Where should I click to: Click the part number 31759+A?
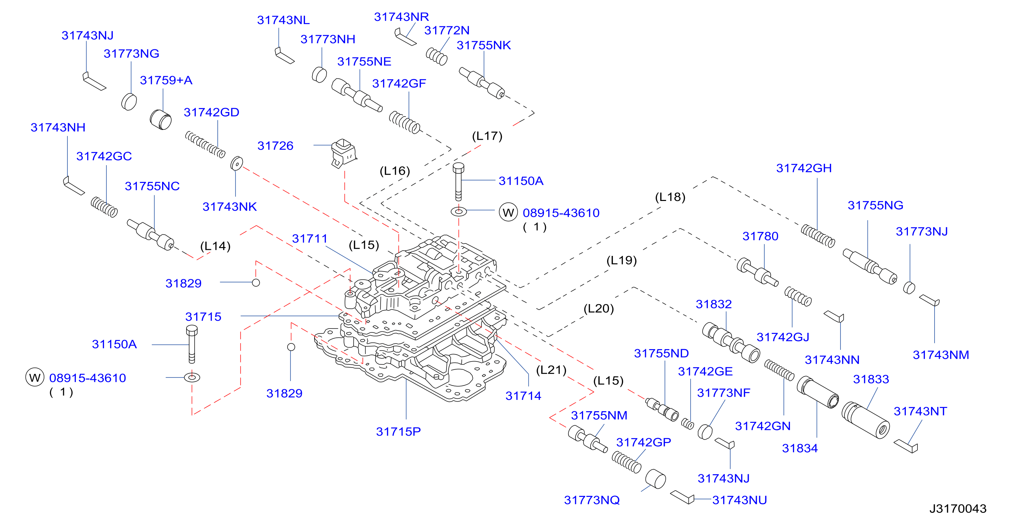(x=166, y=80)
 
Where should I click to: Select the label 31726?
(x=275, y=146)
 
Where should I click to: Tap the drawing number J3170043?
(x=958, y=509)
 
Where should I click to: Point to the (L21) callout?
(x=551, y=370)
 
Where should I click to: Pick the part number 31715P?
(x=398, y=432)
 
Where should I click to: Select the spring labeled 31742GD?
(x=205, y=145)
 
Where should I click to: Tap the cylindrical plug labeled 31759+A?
(x=161, y=119)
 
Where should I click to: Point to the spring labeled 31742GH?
(x=818, y=236)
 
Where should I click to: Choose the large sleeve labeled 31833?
(x=865, y=420)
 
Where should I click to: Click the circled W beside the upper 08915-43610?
(x=508, y=212)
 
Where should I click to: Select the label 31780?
(x=760, y=236)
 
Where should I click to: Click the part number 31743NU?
(x=740, y=500)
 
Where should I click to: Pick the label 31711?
(x=310, y=239)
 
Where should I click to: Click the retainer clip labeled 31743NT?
(x=906, y=446)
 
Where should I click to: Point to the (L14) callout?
(x=215, y=246)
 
